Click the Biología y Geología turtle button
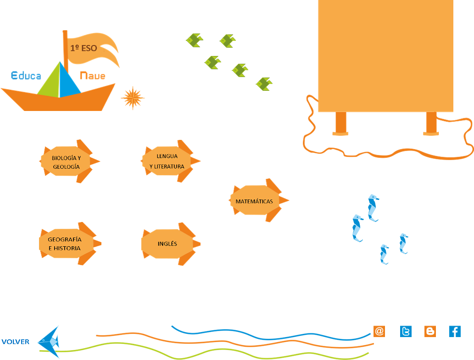click(67, 162)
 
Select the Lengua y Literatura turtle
click(167, 161)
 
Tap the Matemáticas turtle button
click(254, 201)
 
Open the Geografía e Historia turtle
click(65, 244)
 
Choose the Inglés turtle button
click(167, 244)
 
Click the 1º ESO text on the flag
click(84, 48)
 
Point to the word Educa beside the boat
click(26, 76)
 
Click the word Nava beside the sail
click(92, 75)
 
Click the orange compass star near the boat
click(133, 98)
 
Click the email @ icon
click(379, 331)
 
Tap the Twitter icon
click(406, 331)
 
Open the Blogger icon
click(430, 331)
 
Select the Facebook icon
click(455, 331)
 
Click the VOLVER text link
click(16, 342)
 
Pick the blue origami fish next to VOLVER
click(49, 341)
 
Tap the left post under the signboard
click(340, 123)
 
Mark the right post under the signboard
click(431, 123)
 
